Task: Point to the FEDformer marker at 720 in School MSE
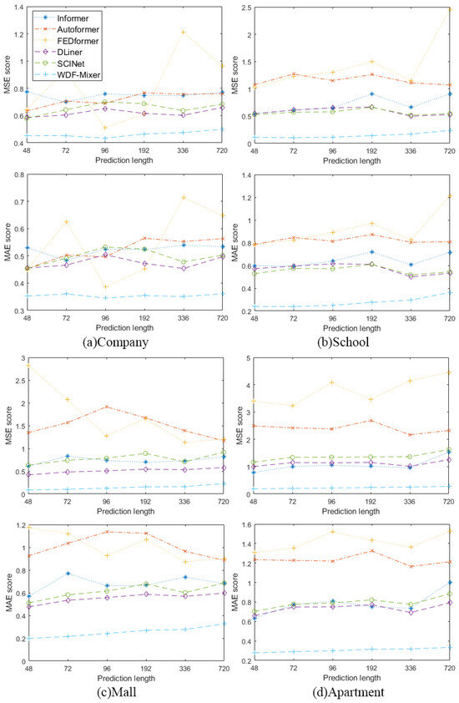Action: click(x=448, y=10)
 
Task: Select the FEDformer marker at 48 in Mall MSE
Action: click(x=28, y=366)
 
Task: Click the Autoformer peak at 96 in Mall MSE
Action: click(x=106, y=407)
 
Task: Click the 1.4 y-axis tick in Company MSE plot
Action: click(x=18, y=6)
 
